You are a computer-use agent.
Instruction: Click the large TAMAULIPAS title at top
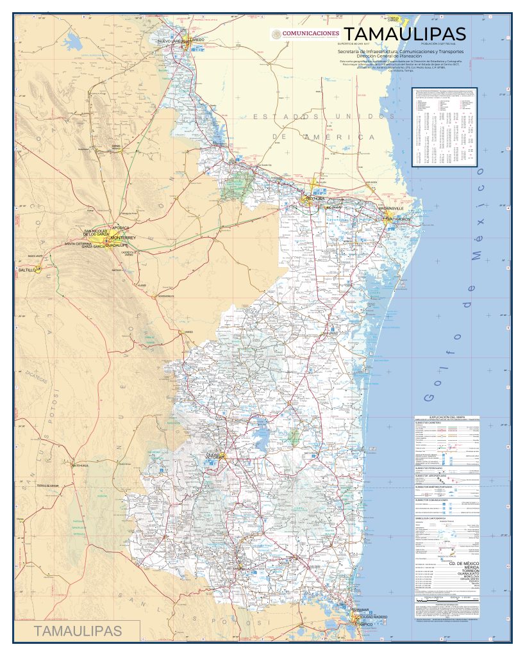(x=404, y=33)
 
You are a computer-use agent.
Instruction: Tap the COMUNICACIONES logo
(x=305, y=33)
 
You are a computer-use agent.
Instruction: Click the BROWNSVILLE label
(x=391, y=209)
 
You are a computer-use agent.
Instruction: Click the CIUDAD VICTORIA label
(x=214, y=455)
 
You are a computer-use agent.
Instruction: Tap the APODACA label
(x=121, y=227)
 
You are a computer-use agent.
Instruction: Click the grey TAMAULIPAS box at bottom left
(x=78, y=630)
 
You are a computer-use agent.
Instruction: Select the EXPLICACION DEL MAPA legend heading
(x=446, y=416)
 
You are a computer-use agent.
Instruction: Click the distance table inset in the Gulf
(x=445, y=127)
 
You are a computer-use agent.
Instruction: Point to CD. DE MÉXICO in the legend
(x=463, y=562)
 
